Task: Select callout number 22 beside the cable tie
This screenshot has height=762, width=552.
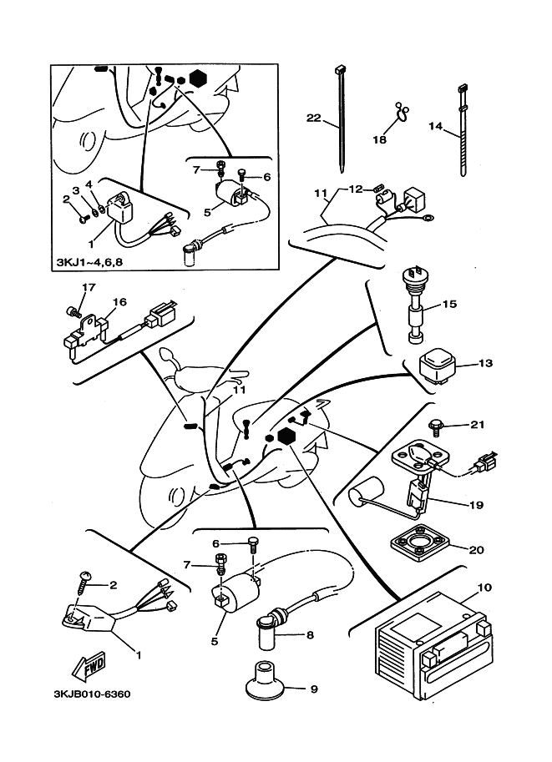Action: click(313, 119)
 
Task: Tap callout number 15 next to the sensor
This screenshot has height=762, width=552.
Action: click(449, 304)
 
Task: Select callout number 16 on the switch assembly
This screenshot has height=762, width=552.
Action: click(119, 301)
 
